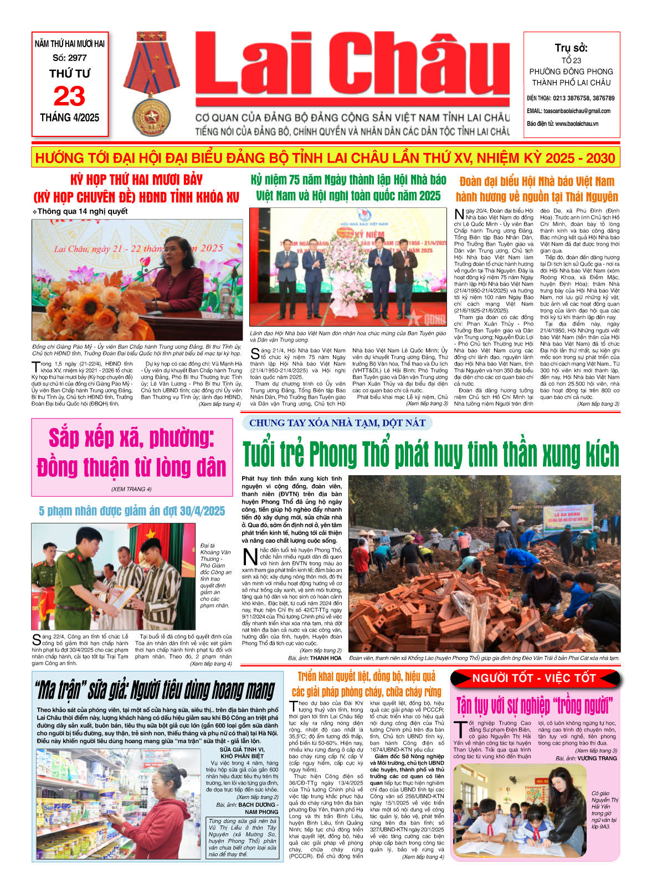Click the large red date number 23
click(x=69, y=96)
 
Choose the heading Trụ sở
click(x=571, y=48)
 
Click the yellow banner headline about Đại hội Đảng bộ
click(x=325, y=158)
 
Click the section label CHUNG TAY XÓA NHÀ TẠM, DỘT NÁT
click(x=337, y=423)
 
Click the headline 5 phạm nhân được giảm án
click(x=132, y=511)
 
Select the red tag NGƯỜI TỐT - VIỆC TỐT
click(x=533, y=678)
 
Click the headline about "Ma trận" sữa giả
click(x=156, y=690)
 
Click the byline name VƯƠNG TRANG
click(x=597, y=758)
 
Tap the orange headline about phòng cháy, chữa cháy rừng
click(x=366, y=684)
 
